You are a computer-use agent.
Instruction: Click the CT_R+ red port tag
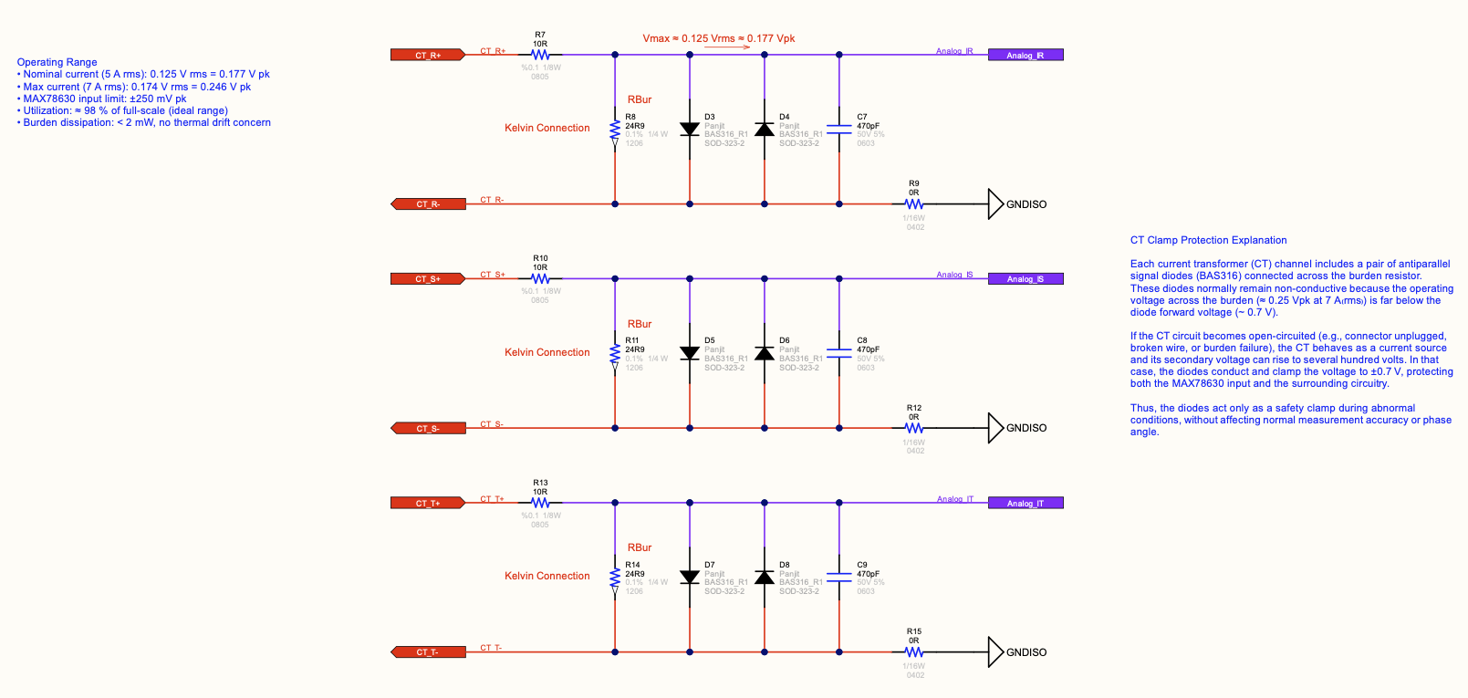pyautogui.click(x=428, y=55)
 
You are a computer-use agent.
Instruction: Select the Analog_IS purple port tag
pyautogui.click(x=1026, y=278)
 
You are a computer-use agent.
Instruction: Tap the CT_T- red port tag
pyautogui.click(x=428, y=651)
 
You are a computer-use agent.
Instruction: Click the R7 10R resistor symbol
pyautogui.click(x=540, y=55)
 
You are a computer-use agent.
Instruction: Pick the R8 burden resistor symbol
pyautogui.click(x=615, y=130)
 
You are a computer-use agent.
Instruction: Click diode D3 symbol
pyautogui.click(x=690, y=130)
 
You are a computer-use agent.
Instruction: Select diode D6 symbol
pyautogui.click(x=765, y=353)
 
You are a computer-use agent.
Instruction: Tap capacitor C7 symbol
pyautogui.click(x=839, y=130)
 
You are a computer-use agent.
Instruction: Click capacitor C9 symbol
pyautogui.click(x=839, y=578)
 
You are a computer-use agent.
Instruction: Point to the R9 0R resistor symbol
pyautogui.click(x=914, y=204)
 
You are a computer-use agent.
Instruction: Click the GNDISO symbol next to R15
pyautogui.click(x=996, y=651)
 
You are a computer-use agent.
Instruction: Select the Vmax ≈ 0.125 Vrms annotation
pyautogui.click(x=719, y=38)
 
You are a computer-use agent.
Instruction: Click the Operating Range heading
pyautogui.click(x=57, y=62)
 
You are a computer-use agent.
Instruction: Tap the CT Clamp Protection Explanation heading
pyautogui.click(x=1208, y=240)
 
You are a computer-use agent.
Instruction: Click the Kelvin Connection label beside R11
pyautogui.click(x=547, y=352)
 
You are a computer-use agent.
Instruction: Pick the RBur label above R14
pyautogui.click(x=640, y=547)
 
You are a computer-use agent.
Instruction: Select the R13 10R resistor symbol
pyautogui.click(x=540, y=503)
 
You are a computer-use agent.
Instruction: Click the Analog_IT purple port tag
pyautogui.click(x=1026, y=503)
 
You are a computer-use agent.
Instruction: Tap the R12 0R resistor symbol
pyautogui.click(x=914, y=428)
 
